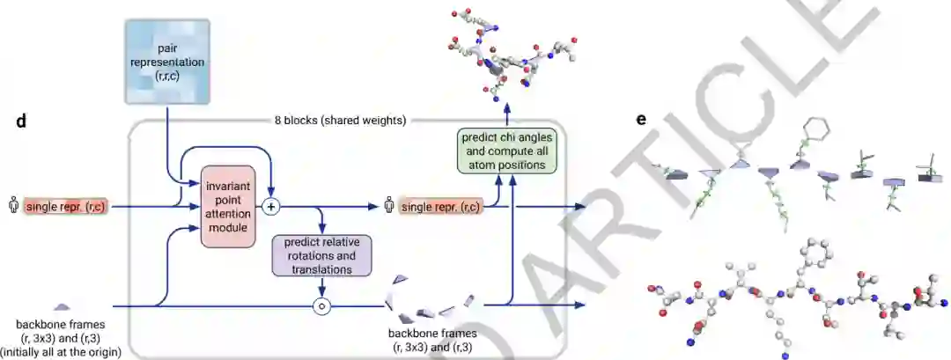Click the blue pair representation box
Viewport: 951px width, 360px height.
[166, 60]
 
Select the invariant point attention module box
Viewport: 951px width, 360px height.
[228, 205]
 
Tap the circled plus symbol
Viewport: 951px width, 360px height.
[272, 207]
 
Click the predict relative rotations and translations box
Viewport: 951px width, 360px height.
[324, 255]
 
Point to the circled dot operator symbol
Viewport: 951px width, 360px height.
[323, 306]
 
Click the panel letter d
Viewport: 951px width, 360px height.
[19, 120]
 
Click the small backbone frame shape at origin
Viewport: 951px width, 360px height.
[62, 306]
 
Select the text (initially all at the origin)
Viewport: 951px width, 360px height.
[62, 353]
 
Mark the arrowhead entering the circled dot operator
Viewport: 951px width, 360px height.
[323, 294]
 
